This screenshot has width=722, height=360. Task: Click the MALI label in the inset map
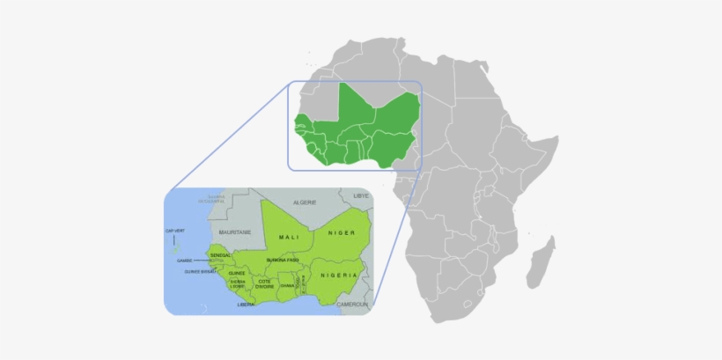(289, 238)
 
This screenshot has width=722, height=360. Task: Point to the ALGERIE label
(304, 202)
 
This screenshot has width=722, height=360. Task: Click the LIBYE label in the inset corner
(361, 195)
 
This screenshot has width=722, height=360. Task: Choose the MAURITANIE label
(236, 231)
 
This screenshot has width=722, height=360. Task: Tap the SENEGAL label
(221, 254)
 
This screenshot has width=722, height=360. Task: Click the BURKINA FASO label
(282, 261)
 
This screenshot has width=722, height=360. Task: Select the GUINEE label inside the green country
(237, 273)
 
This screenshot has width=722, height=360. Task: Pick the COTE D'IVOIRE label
(265, 283)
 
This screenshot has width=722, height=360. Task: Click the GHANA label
(287, 285)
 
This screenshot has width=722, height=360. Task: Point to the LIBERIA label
(246, 305)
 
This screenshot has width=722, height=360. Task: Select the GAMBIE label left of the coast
(184, 261)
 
